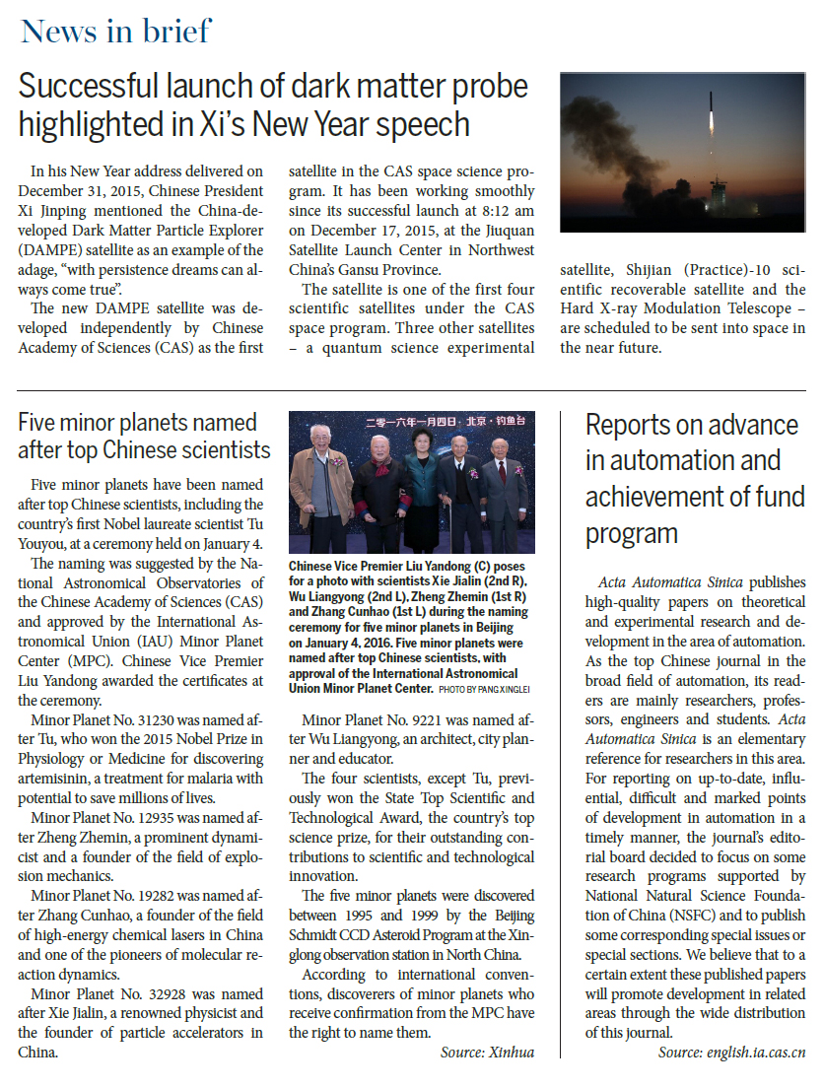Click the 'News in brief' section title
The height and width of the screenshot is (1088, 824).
tap(115, 32)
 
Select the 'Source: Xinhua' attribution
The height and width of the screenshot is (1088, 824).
tap(487, 1053)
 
